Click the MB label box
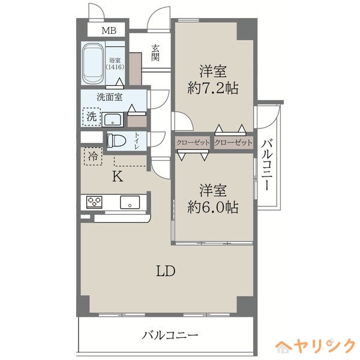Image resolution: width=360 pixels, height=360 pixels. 109,31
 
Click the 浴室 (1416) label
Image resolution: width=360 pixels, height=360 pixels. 115,64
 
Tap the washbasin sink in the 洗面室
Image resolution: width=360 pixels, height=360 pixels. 113,119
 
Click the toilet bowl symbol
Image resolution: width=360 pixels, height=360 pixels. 116,141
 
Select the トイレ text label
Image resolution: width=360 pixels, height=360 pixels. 137,141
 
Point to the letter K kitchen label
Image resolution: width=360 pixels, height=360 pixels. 118,176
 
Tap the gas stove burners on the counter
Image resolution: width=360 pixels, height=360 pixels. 95,202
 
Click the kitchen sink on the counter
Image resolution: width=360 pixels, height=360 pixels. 130,202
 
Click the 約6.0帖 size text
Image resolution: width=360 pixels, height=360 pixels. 213,208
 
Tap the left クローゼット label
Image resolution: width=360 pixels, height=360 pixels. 193,143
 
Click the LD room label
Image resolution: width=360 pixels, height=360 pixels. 166,271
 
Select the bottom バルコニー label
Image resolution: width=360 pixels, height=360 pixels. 170,334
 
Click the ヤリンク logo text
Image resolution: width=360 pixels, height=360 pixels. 323,346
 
